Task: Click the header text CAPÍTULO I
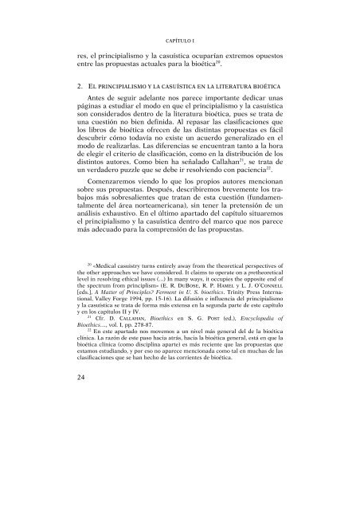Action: [180, 38]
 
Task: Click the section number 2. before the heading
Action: [70, 85]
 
